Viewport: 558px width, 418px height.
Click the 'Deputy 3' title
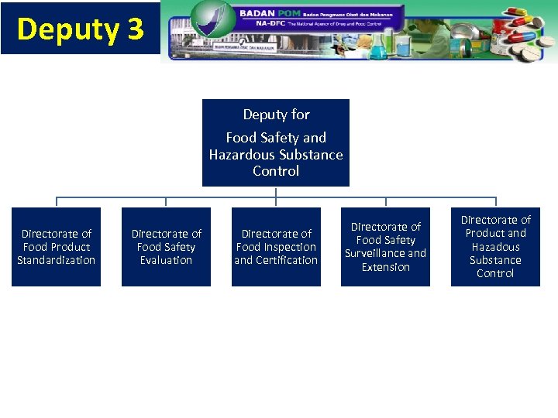pos(80,29)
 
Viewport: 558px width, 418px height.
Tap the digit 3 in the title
pos(135,29)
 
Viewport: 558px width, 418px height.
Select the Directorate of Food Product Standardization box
pos(56,247)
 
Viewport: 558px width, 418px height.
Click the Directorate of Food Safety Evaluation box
pos(166,247)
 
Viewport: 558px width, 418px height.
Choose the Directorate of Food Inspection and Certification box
pos(276,247)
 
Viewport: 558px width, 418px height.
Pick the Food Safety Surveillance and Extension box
pos(385,247)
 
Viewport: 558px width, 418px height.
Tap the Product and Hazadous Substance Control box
pos(495,247)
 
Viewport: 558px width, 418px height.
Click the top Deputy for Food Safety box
pos(276,142)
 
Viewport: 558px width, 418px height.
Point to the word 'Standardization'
pos(56,260)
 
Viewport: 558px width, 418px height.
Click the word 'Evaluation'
pos(166,260)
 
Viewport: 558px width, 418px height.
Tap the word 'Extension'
pos(385,267)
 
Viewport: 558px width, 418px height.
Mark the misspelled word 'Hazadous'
pos(495,247)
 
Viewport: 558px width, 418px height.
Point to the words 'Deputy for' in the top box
pos(276,115)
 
